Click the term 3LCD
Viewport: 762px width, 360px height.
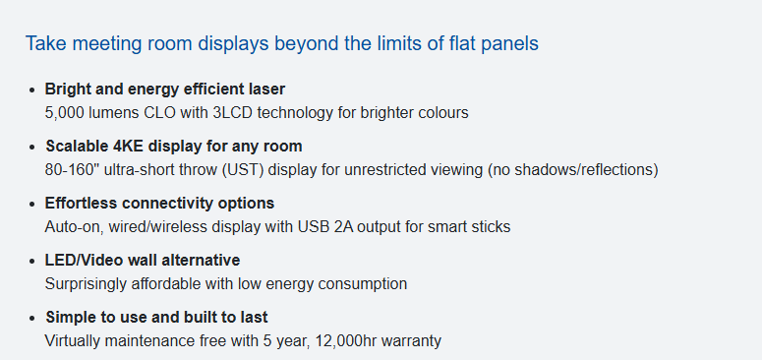point(233,113)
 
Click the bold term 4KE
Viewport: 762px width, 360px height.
point(131,146)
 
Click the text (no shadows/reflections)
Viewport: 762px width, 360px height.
point(573,169)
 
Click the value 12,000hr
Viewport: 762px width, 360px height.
point(346,340)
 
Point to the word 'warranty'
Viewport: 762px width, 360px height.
point(411,341)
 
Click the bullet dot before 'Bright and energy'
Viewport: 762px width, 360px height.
point(32,90)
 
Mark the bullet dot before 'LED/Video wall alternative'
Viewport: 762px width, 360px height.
point(32,262)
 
